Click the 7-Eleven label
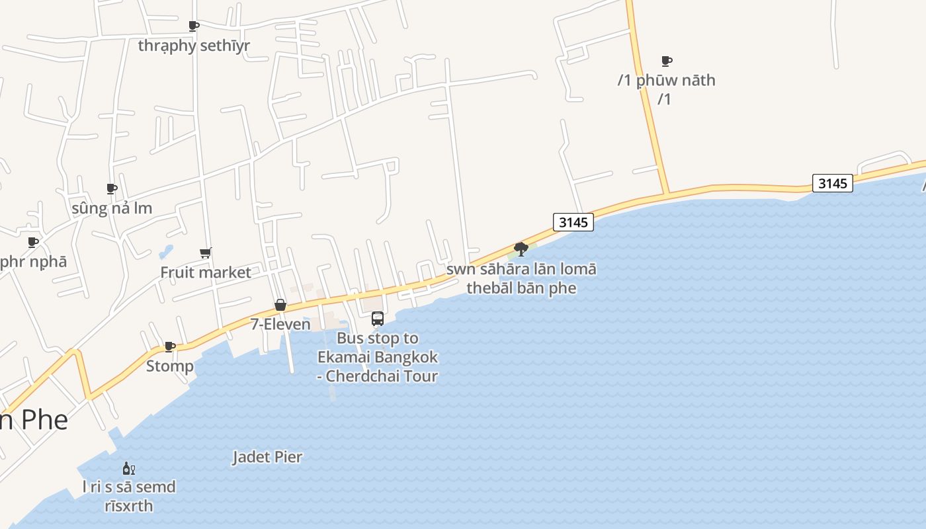280,324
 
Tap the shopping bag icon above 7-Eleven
280,305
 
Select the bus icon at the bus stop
378,319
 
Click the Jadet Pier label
267,457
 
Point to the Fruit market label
206,272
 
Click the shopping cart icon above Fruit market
206,253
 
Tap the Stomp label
170,366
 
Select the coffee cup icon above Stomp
170,346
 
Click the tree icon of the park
521,249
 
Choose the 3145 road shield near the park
573,222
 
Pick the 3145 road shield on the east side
833,183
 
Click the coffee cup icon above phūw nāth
667,61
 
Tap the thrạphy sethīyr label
194,46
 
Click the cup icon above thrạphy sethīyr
194,26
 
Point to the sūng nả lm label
112,208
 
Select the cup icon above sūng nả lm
112,189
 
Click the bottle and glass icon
129,469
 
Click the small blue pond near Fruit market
165,252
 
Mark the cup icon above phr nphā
33,242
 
